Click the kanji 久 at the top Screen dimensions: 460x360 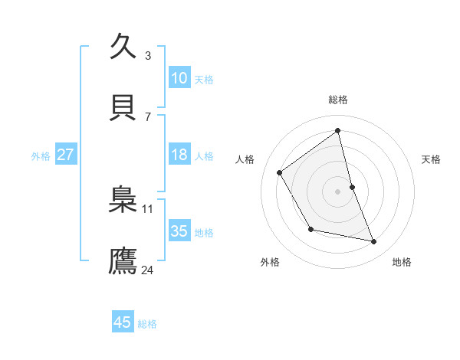123,46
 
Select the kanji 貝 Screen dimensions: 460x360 123,107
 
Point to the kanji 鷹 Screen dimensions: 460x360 123,260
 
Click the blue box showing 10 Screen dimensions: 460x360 179,78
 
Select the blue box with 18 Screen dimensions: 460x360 179,155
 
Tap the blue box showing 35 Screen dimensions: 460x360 179,231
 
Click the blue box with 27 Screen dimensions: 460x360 65,155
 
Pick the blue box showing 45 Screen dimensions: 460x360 122,322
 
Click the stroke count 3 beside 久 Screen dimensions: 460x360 147,55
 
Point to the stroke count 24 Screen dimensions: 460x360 148,270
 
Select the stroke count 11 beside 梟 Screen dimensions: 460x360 148,208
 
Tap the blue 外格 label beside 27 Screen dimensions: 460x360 41,156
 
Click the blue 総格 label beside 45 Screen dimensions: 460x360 147,324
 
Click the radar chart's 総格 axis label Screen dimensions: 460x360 338,100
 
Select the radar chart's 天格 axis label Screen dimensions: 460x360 431,159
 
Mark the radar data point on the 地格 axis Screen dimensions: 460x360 374,242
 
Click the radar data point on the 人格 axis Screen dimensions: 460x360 280,172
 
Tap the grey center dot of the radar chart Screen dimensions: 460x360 338,191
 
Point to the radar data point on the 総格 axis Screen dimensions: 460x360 338,131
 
